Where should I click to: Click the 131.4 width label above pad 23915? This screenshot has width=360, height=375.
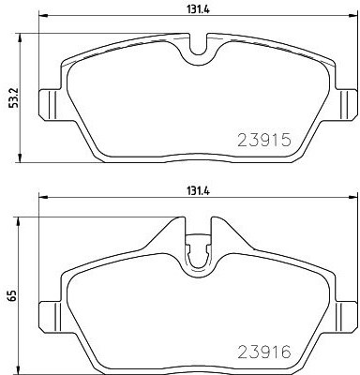point(198,9)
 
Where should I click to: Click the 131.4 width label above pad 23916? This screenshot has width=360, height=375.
point(198,191)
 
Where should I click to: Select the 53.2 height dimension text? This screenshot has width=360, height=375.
point(14,97)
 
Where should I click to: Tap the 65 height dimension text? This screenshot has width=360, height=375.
point(12,295)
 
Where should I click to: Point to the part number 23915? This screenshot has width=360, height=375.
point(264,140)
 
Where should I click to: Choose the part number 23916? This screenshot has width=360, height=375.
point(264,352)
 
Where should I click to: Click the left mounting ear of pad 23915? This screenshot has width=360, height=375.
point(49,105)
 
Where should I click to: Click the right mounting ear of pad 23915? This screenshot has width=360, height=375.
point(346,105)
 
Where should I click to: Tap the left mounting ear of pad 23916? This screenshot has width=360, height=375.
point(49,317)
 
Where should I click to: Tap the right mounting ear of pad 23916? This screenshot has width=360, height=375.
point(346,317)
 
